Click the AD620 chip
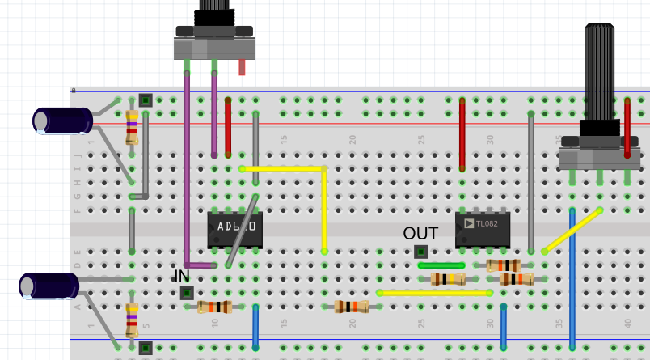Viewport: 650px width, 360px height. coord(235,231)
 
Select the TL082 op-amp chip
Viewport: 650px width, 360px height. coord(483,230)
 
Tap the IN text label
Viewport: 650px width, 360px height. coord(182,275)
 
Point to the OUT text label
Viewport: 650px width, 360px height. coord(420,234)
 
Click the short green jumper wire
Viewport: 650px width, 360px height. coord(441,265)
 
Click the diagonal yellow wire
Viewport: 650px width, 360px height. coord(572,231)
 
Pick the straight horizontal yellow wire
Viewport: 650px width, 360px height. coord(435,292)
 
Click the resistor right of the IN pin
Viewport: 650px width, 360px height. coord(214,307)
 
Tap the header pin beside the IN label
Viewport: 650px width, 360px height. coord(186,293)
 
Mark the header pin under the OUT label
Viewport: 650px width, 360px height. coord(420,252)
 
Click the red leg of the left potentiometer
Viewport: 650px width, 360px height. coord(242,67)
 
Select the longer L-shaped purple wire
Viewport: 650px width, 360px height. coord(187,170)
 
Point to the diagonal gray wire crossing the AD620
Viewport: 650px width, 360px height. coord(242,231)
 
